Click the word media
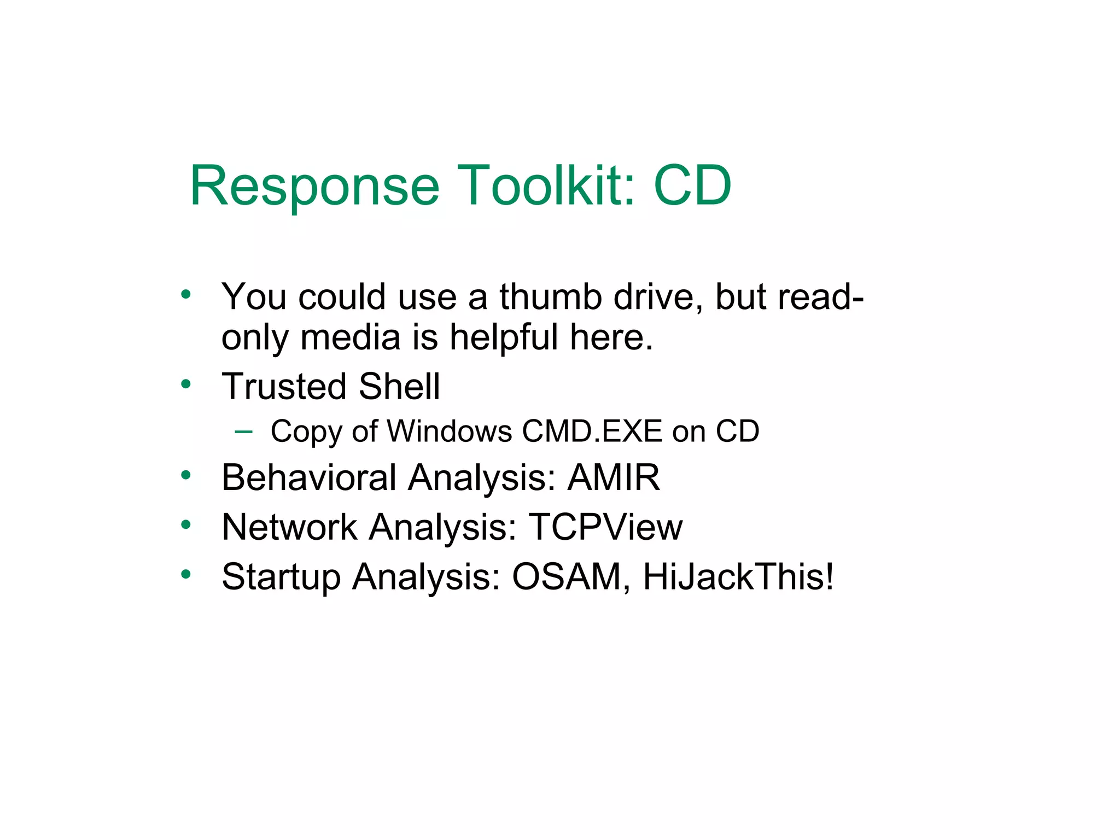(350, 337)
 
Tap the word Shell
(400, 387)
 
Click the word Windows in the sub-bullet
(450, 431)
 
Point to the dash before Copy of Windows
(243, 431)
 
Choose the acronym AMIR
(614, 477)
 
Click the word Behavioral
(309, 477)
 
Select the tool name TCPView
(605, 527)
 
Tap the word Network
(289, 527)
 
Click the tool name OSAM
(566, 576)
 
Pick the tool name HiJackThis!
(739, 576)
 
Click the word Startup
(281, 576)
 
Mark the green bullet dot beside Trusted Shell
(186, 384)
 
